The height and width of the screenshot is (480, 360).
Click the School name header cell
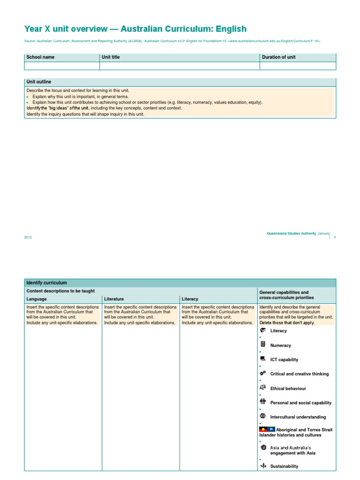[40, 57]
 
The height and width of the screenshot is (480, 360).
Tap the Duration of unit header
[278, 57]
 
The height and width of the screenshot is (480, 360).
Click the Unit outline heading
[39, 82]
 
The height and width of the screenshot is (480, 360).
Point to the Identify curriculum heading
[46, 283]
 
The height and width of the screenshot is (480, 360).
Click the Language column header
[37, 299]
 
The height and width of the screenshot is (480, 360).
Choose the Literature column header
[114, 299]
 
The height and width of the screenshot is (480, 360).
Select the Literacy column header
[190, 299]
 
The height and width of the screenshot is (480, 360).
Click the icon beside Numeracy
[262, 345]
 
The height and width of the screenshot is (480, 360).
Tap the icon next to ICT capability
[262, 359]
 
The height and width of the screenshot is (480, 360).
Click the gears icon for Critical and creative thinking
[262, 374]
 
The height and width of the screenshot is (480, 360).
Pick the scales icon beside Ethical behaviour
[262, 388]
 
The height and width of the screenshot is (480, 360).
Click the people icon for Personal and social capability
[262, 402]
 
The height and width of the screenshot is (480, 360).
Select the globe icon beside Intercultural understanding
[262, 416]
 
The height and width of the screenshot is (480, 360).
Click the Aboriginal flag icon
[263, 429]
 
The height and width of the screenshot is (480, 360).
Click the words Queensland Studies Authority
[291, 233]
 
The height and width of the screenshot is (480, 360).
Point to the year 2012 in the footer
[28, 237]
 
